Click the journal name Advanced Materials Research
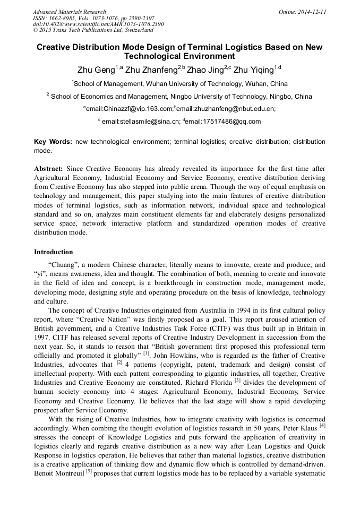70,12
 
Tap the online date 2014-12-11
311,12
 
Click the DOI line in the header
98,24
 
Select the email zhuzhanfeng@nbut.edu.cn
226,109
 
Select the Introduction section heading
54,252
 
